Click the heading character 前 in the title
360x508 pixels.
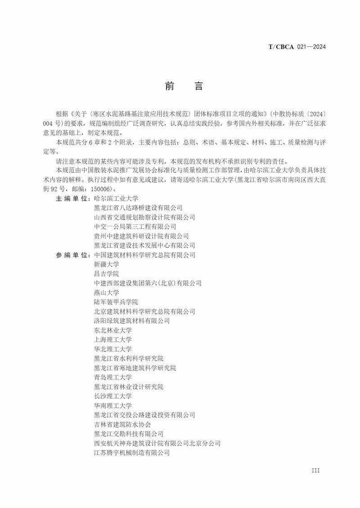tap(170, 86)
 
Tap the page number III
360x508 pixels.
tap(315, 470)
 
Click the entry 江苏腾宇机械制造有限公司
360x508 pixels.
tap(132, 453)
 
